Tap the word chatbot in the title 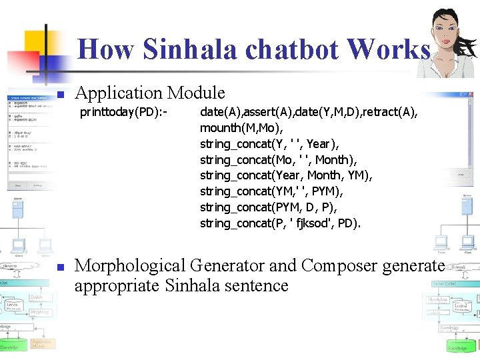285,49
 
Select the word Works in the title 388,49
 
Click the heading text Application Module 150,93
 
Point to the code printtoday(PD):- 123,111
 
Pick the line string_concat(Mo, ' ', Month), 279,159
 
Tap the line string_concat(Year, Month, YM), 286,175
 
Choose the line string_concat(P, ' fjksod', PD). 280,223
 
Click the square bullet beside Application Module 59,94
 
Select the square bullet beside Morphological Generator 59,267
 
